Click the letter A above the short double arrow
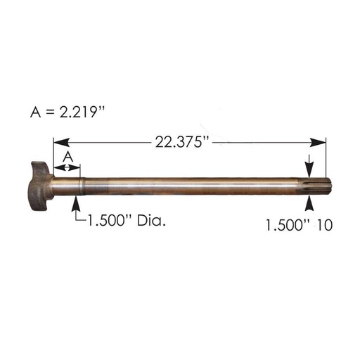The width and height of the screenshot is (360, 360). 68,155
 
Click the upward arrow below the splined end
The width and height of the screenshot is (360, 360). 308,203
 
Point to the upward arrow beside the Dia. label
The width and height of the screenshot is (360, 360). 76,204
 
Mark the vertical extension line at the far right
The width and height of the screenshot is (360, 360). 326,158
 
